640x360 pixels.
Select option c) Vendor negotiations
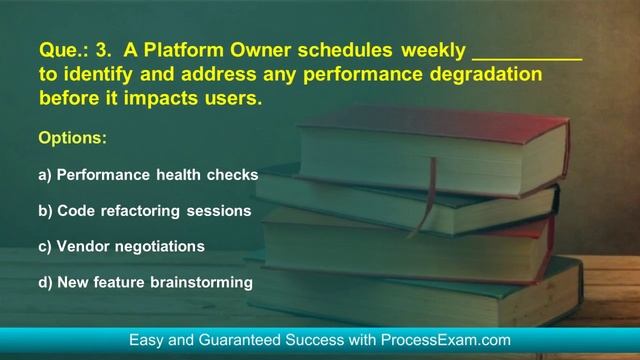point(121,246)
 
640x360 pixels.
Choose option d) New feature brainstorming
point(145,282)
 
